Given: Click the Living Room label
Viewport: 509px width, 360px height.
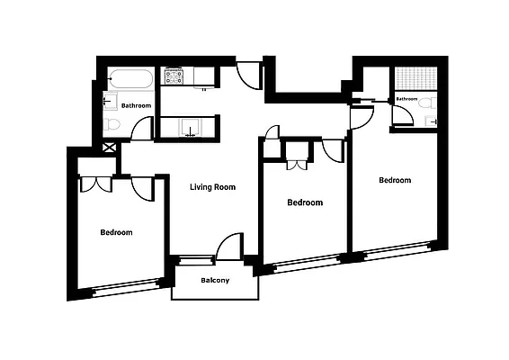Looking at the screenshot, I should pos(212,187).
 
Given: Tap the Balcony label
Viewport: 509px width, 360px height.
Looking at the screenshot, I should pos(214,281).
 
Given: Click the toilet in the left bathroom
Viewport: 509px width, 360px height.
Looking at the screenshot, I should pos(111,124).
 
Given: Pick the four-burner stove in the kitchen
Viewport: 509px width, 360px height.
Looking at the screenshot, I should pos(174,76).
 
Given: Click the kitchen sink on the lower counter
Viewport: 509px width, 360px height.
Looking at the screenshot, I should pos(190,127).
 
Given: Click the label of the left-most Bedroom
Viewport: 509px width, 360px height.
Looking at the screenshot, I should pos(116,233).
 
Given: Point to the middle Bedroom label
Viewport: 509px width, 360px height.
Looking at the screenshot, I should pos(304,202).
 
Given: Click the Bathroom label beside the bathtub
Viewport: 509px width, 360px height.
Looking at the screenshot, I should pos(137,105).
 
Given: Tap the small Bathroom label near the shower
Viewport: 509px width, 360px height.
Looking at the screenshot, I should pos(407,99).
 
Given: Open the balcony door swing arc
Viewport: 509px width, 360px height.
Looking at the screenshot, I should pos(230,247).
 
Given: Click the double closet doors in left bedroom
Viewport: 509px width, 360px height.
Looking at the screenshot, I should pos(94,183).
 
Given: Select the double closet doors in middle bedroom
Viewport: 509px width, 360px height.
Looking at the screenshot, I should pos(297,163).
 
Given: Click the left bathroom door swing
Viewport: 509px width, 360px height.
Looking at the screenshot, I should pos(143,129).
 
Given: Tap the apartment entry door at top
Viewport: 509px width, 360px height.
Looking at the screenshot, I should pos(248,76).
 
